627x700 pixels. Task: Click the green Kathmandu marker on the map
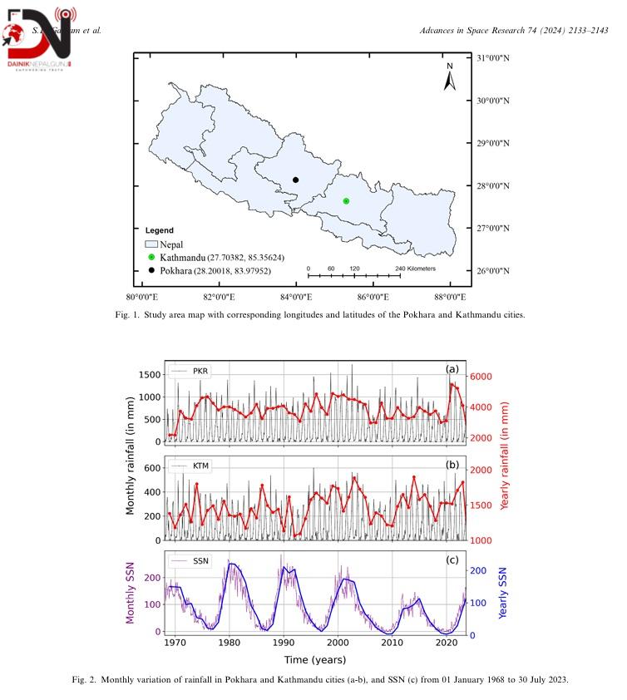click(x=346, y=201)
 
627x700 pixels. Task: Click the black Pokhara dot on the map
click(x=295, y=180)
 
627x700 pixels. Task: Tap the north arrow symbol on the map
click(x=449, y=77)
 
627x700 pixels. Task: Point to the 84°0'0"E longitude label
click(x=294, y=297)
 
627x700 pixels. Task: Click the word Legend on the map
click(x=159, y=230)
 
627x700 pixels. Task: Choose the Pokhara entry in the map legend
click(x=215, y=271)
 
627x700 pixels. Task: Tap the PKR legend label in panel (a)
click(x=200, y=371)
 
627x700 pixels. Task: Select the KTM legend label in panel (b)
click(x=200, y=466)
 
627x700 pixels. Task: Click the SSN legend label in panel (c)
click(x=200, y=561)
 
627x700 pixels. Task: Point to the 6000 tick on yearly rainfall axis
click(x=484, y=377)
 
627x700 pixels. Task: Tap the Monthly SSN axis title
click(x=131, y=592)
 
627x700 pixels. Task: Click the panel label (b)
click(x=452, y=464)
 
